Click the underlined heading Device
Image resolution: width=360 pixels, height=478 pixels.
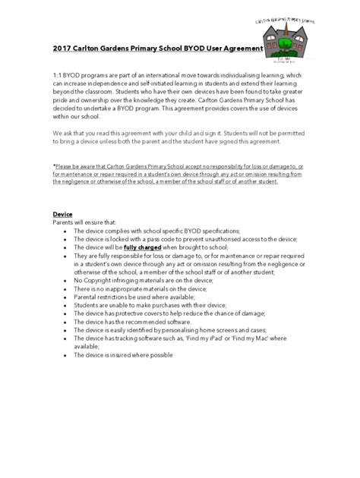click(62, 214)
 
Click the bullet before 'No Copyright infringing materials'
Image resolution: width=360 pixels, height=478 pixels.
click(67, 280)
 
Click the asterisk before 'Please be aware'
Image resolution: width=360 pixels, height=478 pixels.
click(54, 166)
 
